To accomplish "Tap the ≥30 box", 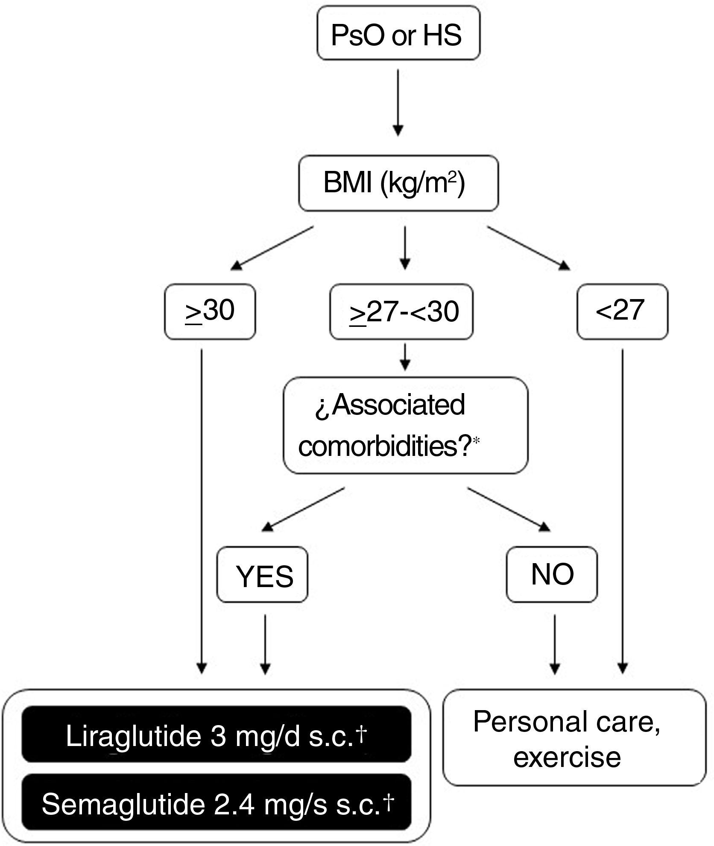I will coord(210,311).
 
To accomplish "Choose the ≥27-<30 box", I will coord(401,311).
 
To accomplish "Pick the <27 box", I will coord(622,311).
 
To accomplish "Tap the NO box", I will coord(552,575).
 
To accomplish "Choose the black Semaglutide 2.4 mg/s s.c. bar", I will coord(216,805).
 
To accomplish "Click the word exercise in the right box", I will coord(567,757).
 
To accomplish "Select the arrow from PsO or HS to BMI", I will coord(398,103).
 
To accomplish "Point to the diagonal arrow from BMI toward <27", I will coord(529,248).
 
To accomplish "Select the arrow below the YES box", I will coord(265,643).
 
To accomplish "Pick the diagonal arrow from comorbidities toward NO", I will coord(508,508).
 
